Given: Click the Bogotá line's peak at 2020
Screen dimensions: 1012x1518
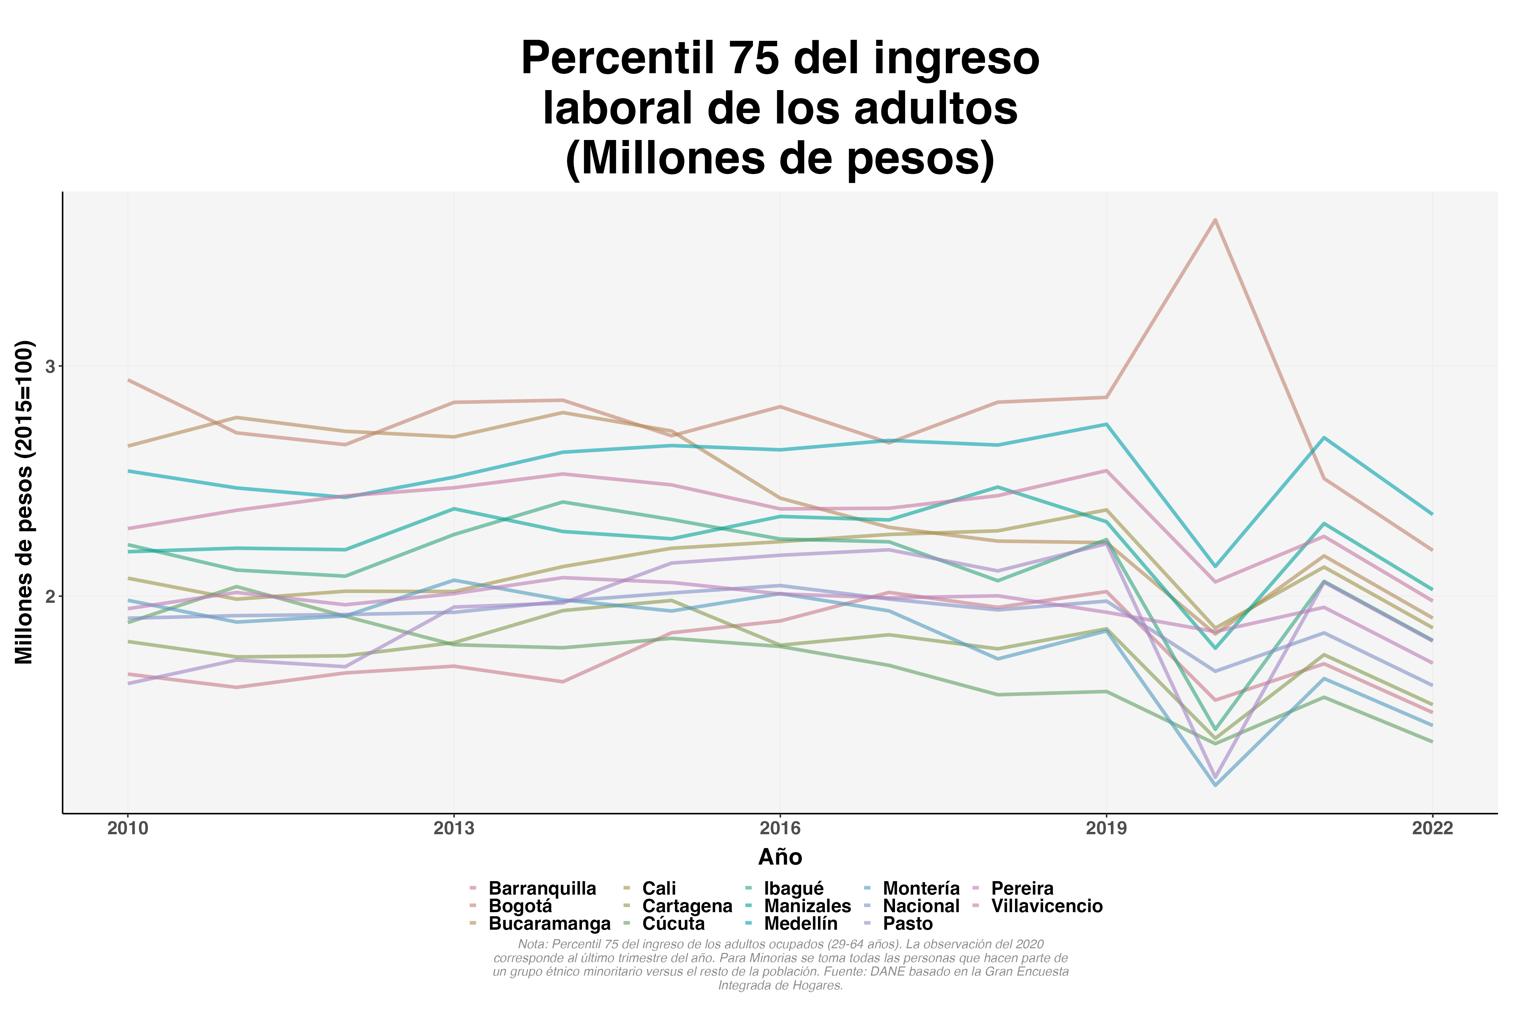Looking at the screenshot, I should pos(1215,220).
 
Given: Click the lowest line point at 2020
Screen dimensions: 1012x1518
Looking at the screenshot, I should pos(1215,785).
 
